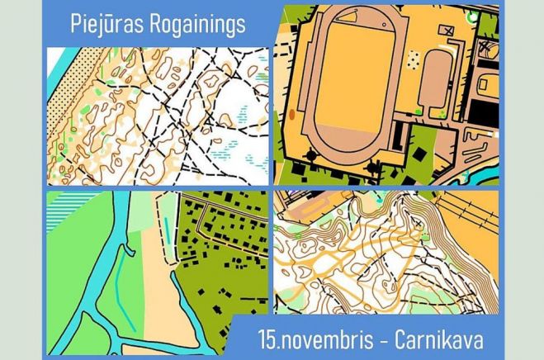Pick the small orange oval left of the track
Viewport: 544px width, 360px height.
point(291,115)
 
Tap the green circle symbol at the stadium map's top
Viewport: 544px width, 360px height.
point(471,16)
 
